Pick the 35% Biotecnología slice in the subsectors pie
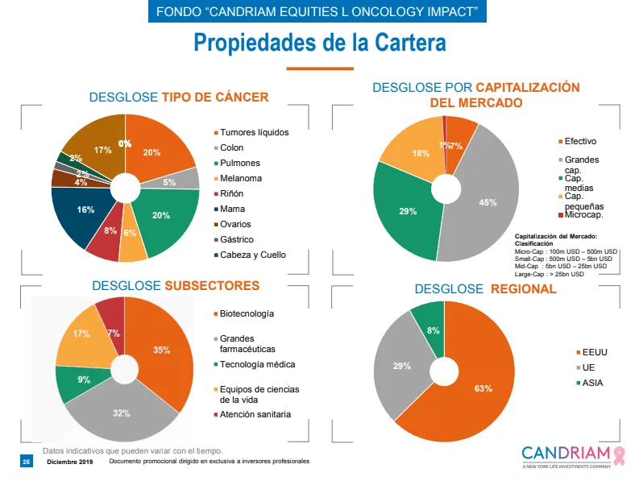pyautogui.click(x=161, y=350)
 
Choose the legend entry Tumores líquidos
pyautogui.click(x=255, y=132)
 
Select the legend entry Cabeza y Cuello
pyautogui.click(x=252, y=255)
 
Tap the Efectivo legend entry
pyautogui.click(x=580, y=141)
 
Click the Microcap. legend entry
pyautogui.click(x=584, y=215)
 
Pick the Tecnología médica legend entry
pyautogui.click(x=257, y=364)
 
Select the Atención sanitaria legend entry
pyautogui.click(x=255, y=414)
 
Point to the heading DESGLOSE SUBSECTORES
pyautogui.click(x=176, y=285)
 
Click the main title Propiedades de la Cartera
pyautogui.click(x=319, y=43)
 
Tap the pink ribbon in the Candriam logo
pyautogui.click(x=619, y=454)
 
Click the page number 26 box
pyautogui.click(x=25, y=462)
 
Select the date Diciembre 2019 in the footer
pyautogui.click(x=70, y=462)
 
